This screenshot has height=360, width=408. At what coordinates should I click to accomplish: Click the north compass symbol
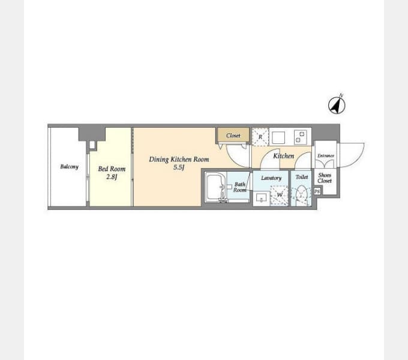point(337,105)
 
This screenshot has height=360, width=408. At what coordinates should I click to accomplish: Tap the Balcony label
point(69,166)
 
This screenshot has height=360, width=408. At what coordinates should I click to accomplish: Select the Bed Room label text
point(112,169)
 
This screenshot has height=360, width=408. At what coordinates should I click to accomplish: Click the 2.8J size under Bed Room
point(112,177)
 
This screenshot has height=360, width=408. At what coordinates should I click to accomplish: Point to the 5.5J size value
point(179,167)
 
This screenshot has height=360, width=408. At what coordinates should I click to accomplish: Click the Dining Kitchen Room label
point(179,159)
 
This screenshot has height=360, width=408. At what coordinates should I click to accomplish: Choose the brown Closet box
point(233,135)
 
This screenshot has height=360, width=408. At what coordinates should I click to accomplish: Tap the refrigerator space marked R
point(260,137)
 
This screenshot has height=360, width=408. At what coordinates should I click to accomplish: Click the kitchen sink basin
point(278,137)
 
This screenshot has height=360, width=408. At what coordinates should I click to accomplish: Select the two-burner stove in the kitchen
point(300,137)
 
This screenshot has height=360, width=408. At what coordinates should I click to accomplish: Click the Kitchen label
point(284,156)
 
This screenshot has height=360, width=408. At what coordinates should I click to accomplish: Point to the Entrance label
point(326,155)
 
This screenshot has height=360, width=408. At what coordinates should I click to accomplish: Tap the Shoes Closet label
point(325,178)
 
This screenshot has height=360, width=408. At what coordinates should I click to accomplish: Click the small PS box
point(317,191)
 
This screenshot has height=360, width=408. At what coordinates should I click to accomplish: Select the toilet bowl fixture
point(302,195)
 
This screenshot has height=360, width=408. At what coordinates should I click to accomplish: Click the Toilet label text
point(302,177)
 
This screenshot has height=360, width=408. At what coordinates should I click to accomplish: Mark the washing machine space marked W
point(280,195)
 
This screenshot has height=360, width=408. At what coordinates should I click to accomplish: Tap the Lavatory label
point(271,178)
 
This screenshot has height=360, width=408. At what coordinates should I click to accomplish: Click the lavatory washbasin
point(261,199)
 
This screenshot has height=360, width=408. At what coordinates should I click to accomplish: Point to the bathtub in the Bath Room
point(215,187)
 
